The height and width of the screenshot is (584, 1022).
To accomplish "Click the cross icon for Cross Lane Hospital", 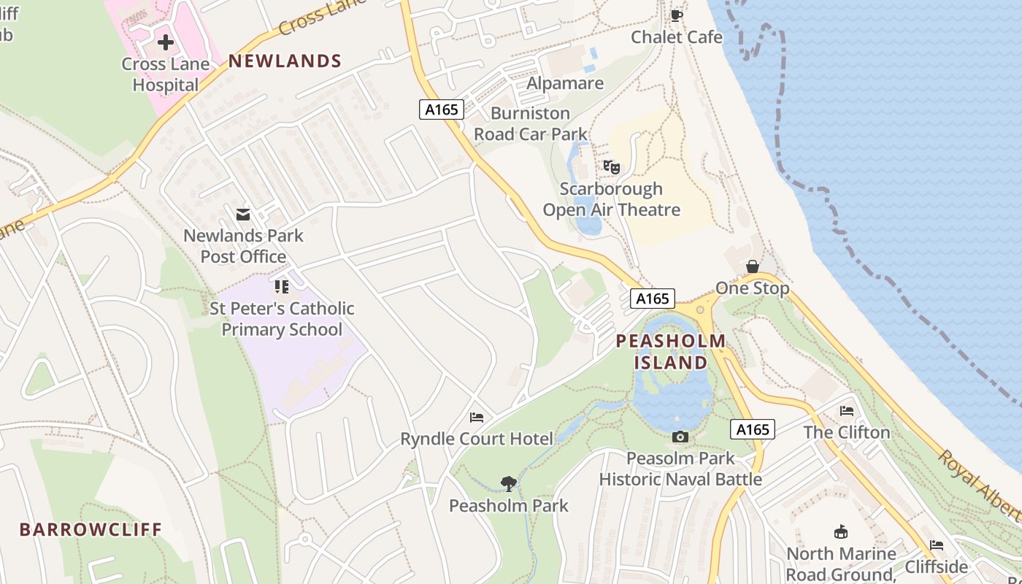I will pos(166,42).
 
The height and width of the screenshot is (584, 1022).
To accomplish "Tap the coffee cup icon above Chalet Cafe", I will pos(677,15).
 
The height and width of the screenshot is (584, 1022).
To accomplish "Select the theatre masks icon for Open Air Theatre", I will pos(612,167).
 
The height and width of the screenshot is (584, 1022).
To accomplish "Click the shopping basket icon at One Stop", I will pos(753,266).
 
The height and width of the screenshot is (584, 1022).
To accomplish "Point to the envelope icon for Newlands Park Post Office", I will pos(243,215).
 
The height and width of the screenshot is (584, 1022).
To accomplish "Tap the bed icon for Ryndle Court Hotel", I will pos(477,418).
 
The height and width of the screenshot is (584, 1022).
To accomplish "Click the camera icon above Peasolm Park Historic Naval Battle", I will pos(680,437).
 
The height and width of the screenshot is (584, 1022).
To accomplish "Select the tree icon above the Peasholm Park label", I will pos(509,483).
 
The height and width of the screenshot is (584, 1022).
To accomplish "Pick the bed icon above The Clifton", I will pos(847,411).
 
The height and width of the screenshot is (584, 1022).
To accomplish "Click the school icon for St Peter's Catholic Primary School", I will pos(282,287).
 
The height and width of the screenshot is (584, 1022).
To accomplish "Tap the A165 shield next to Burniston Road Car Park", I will pos(442,109).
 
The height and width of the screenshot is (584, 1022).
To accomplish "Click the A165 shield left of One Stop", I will pos(653,299).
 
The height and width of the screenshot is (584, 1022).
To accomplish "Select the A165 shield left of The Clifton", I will pos(753,429).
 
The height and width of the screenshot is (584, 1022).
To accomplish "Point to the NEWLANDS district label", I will pos(285,61).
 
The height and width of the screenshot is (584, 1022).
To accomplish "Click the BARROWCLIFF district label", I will pos(91,529).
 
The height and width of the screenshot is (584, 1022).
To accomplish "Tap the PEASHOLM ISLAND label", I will pos(671,352).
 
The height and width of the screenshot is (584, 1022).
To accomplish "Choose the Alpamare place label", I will pos(566,83).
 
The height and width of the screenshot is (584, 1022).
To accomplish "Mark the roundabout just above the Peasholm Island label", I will pos(701,310).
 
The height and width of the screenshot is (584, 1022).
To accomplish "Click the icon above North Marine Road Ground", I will pos(841,532).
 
